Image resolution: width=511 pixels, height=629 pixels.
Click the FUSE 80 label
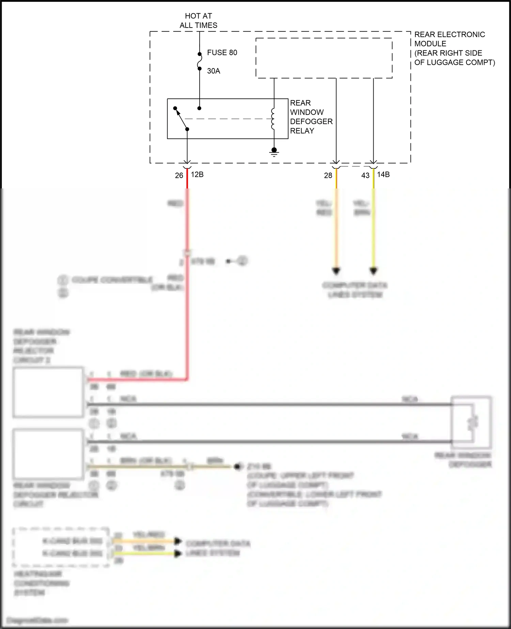pyautogui.click(x=222, y=52)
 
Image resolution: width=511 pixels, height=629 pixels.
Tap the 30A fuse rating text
pyautogui.click(x=214, y=71)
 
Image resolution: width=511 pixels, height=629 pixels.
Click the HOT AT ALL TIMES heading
pyautogui.click(x=199, y=20)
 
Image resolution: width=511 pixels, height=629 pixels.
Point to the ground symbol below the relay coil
pyautogui.click(x=274, y=152)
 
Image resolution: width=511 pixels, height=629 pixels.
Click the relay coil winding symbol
pyautogui.click(x=273, y=119)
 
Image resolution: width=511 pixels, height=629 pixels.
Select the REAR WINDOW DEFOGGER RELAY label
pyautogui.click(x=311, y=117)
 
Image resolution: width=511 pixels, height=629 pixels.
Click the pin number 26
pyautogui.click(x=179, y=175)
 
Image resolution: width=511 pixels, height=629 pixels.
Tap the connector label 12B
pyautogui.click(x=197, y=174)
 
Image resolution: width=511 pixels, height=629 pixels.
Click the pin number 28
pyautogui.click(x=328, y=175)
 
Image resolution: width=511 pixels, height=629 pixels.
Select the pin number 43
pyautogui.click(x=365, y=175)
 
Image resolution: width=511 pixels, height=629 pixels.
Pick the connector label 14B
pyautogui.click(x=383, y=174)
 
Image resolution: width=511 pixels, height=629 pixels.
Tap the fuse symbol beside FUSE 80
pyautogui.click(x=200, y=61)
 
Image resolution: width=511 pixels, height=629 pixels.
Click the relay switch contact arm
pyautogui.click(x=181, y=119)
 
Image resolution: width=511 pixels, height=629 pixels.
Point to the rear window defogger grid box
pyautogui.click(x=471, y=423)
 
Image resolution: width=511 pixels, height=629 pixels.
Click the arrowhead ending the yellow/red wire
pyautogui.click(x=336, y=271)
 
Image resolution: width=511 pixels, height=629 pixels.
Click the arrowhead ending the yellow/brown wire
pyautogui.click(x=373, y=271)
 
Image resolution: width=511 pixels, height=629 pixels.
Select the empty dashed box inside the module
pyautogui.click(x=324, y=58)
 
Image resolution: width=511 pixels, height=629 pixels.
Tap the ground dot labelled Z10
pyautogui.click(x=238, y=466)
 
